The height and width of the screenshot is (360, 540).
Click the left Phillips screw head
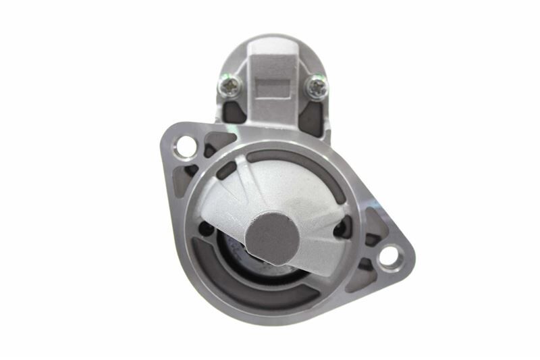230,85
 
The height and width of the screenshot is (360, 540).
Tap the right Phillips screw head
316,86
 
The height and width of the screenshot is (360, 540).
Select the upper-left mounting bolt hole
184,146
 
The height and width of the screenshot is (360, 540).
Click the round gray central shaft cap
272,236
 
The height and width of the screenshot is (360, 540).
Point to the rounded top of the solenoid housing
273,42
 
